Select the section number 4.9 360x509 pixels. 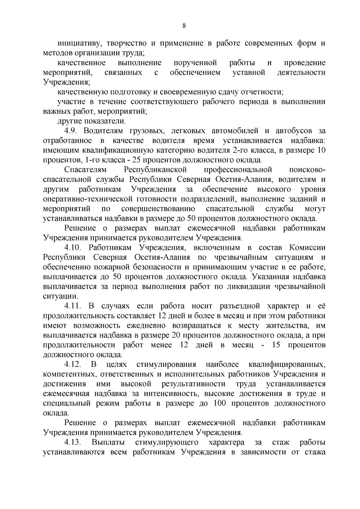[x=72, y=131]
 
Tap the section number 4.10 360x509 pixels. [x=73, y=248]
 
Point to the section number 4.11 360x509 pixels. [x=73, y=306]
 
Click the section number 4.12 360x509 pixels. [x=73, y=364]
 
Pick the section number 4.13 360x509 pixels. [x=73, y=442]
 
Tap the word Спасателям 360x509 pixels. [x=85, y=170]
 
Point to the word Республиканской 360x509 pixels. [x=155, y=170]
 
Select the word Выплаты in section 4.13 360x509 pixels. [x=109, y=442]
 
